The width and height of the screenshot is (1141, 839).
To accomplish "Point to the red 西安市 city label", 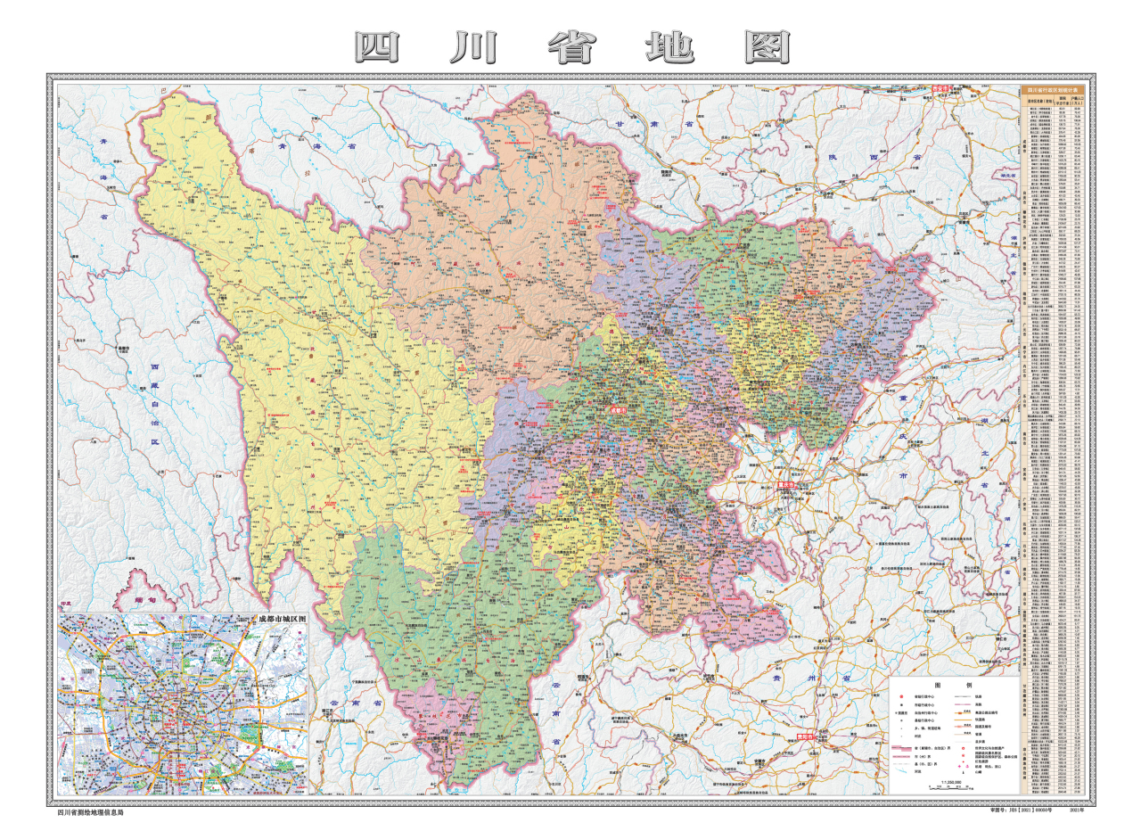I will tap(940, 89).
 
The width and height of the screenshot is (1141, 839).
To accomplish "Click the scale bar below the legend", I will tap(948, 787).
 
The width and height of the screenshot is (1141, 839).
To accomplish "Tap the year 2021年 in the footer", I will tap(1076, 810).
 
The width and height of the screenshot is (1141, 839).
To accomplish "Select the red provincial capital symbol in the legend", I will tap(902, 696).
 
